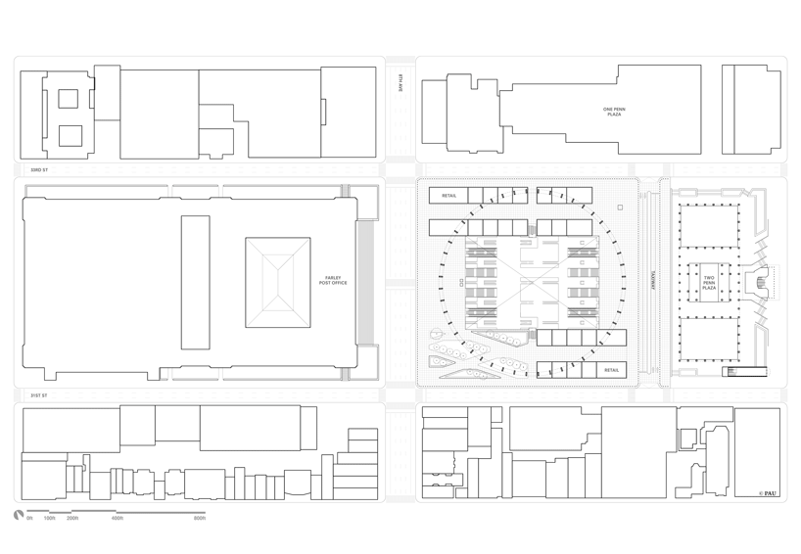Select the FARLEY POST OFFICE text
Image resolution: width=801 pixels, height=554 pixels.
335,282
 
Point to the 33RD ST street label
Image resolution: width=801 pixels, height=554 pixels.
38,170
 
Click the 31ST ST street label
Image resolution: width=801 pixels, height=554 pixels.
38,395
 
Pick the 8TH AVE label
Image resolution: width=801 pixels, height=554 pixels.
400,84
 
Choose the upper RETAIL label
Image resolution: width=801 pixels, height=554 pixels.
448,196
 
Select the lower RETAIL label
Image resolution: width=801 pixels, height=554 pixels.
611,371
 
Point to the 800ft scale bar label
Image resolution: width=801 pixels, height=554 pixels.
200,518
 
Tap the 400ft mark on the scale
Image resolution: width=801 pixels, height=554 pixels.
118,518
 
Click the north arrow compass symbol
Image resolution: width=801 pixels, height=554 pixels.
18,515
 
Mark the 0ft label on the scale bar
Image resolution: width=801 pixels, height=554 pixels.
29,518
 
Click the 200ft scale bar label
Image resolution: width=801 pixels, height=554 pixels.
72,518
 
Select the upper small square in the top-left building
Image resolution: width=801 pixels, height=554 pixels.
68,99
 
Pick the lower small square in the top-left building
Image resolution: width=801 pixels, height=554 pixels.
70,136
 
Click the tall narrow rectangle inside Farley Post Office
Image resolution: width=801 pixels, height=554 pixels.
195,283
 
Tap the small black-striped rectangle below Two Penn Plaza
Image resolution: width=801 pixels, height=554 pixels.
731,372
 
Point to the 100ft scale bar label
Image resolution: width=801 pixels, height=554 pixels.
50,518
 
